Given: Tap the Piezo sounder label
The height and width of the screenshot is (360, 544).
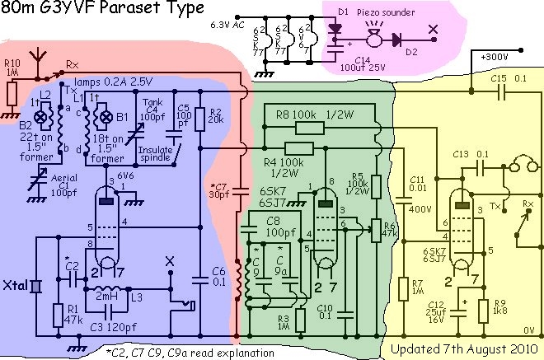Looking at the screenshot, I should click(x=387, y=11).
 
